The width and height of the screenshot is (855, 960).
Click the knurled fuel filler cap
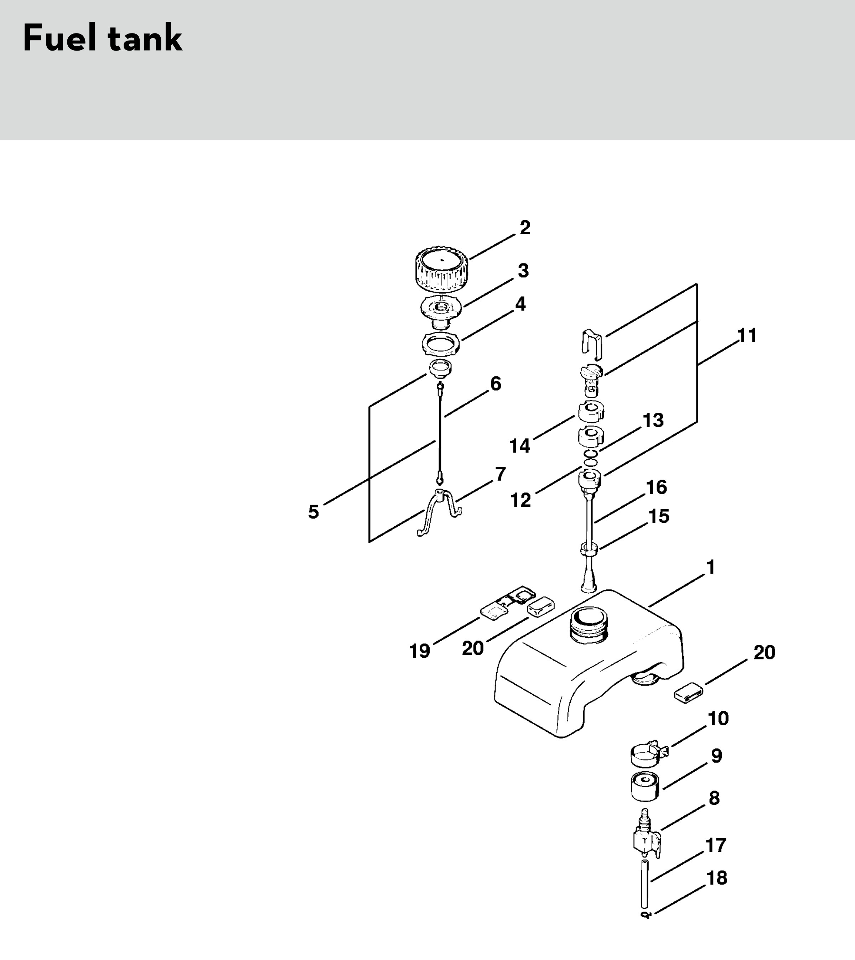(x=442, y=271)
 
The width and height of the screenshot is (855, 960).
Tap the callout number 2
(x=525, y=228)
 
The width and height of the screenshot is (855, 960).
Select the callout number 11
(x=747, y=336)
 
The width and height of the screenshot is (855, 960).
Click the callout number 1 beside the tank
(x=711, y=567)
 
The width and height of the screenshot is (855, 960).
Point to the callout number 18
(x=717, y=878)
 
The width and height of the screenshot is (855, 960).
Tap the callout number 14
(x=520, y=446)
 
